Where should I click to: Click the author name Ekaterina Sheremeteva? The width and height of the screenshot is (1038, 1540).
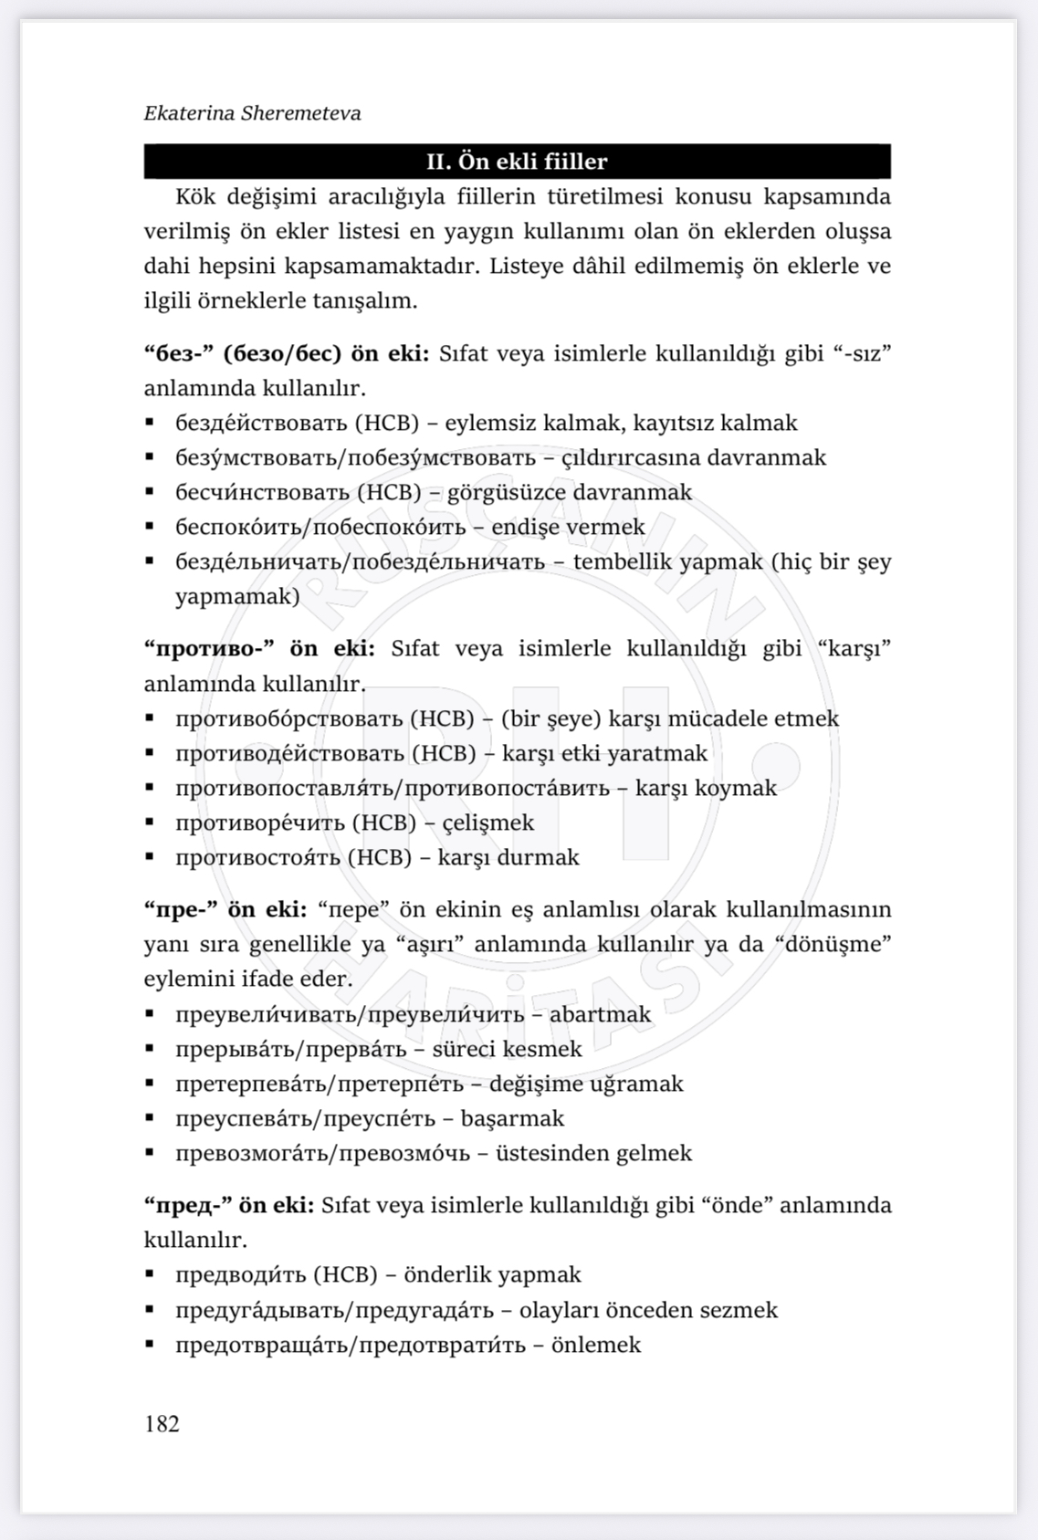tap(252, 113)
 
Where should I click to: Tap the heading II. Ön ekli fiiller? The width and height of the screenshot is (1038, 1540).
tap(517, 162)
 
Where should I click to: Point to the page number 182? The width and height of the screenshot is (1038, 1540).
tap(162, 1423)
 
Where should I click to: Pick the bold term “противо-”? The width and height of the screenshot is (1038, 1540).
tap(210, 648)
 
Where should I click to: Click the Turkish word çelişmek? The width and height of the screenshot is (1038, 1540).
tap(488, 822)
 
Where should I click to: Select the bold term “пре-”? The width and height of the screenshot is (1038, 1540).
tap(181, 909)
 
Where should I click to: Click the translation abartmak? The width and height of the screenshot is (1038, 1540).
tap(600, 1014)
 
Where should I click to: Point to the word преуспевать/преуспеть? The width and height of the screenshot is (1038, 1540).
tap(306, 1118)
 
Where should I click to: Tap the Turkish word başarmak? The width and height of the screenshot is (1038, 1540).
tap(512, 1118)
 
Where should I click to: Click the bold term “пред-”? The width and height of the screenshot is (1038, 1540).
tap(186, 1205)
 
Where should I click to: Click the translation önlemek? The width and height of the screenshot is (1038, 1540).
tap(596, 1345)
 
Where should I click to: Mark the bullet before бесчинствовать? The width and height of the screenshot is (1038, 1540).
tap(150, 492)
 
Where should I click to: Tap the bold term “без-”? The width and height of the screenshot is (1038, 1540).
tap(180, 353)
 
